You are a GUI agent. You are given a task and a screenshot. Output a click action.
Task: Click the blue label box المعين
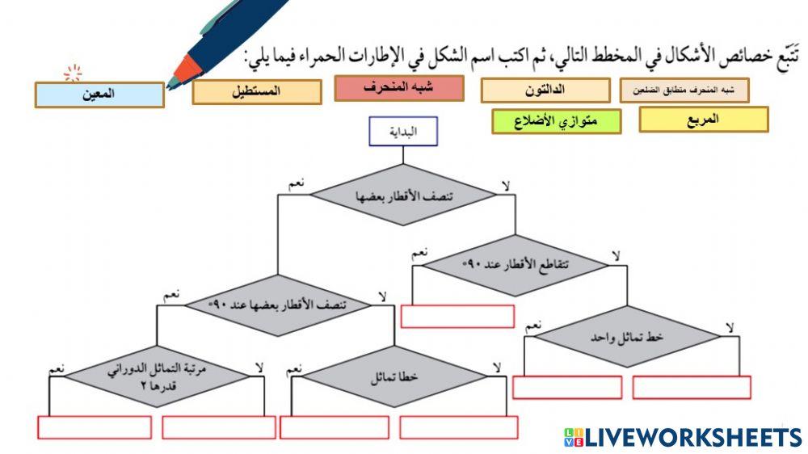99,95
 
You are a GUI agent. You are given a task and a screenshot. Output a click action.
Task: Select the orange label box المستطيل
256,91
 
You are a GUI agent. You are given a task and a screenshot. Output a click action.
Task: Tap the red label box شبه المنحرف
399,88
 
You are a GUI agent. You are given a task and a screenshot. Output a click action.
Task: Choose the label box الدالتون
545,90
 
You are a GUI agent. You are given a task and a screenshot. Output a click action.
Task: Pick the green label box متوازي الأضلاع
557,121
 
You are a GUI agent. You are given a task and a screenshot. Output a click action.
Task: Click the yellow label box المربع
703,120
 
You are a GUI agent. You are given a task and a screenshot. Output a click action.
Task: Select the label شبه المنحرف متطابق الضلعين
684,90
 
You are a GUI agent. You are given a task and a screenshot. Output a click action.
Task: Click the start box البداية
403,132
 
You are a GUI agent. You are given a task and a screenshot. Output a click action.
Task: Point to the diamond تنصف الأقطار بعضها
403,195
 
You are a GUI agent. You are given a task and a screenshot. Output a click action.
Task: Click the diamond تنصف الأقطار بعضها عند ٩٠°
279,305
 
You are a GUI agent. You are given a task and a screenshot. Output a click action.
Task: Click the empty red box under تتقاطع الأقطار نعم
457,317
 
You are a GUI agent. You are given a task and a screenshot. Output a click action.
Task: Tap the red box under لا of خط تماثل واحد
692,388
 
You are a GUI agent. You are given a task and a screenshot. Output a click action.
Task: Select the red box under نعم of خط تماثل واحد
568,388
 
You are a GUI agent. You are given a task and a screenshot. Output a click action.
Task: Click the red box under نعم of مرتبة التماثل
95,427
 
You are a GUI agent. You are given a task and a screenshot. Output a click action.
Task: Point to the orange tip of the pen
186,71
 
